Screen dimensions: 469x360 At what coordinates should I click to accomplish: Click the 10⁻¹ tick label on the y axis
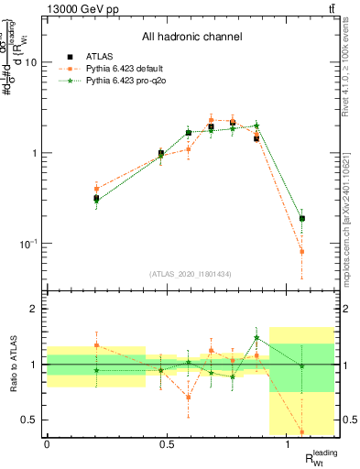click(x=27, y=244)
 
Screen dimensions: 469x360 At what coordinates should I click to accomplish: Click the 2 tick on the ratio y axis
click(x=34, y=309)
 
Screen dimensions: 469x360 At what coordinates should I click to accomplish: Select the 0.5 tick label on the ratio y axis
click(x=27, y=420)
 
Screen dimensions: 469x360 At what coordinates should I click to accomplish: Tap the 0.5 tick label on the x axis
click(x=167, y=444)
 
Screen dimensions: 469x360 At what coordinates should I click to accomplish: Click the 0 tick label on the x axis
click(x=47, y=444)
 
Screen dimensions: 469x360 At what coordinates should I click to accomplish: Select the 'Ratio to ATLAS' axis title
click(x=13, y=365)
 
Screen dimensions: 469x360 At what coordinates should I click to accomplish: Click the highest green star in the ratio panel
click(x=256, y=337)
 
